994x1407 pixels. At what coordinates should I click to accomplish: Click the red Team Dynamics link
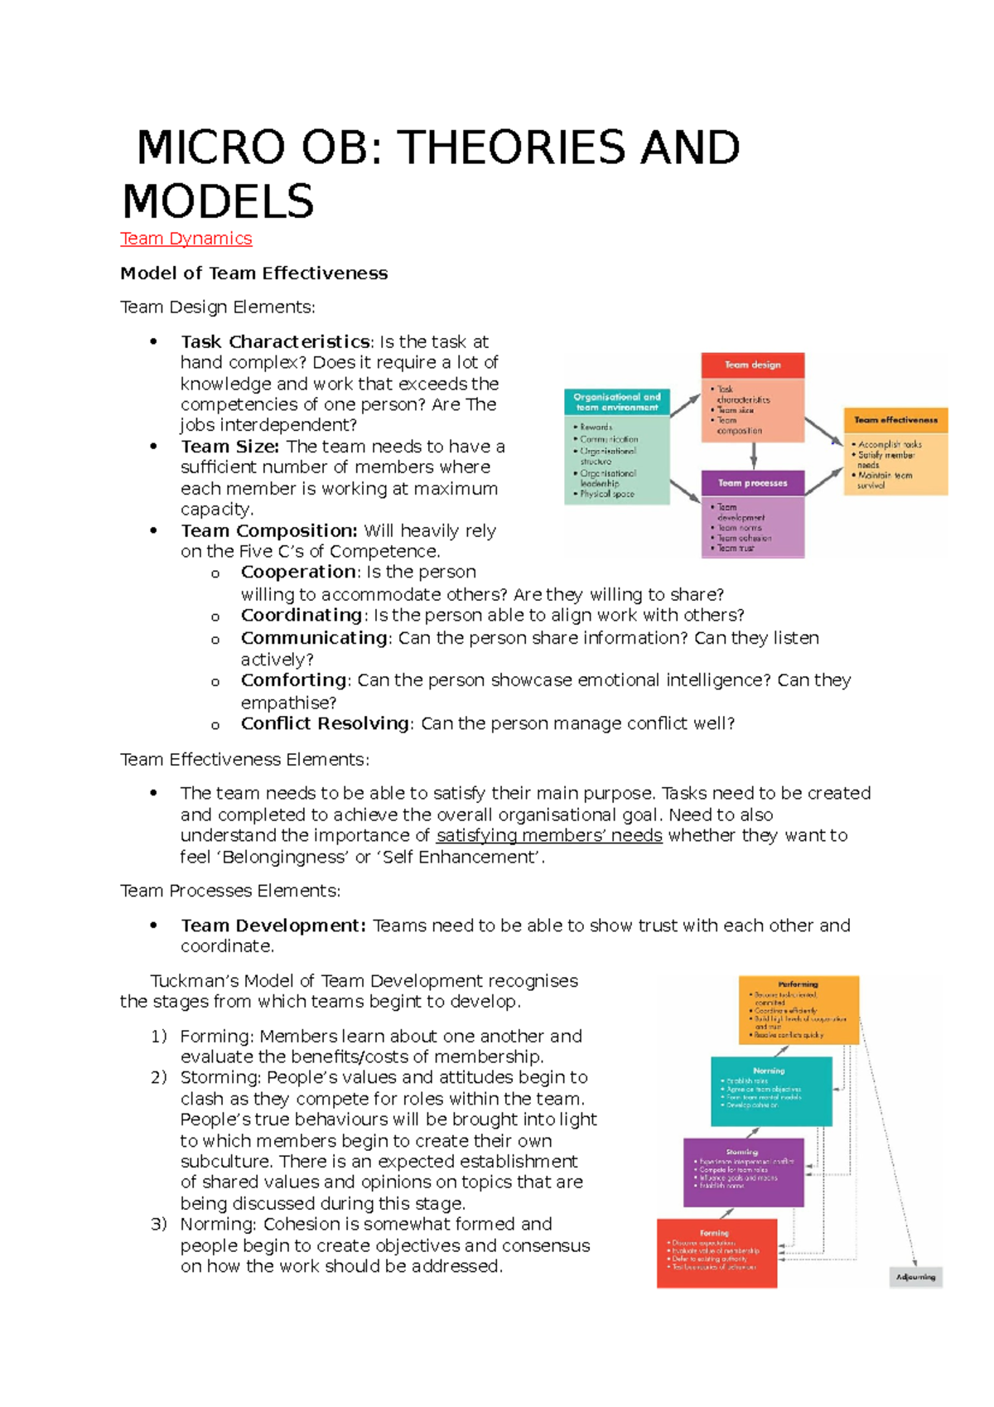186,239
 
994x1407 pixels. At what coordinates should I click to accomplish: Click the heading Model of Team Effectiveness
253,273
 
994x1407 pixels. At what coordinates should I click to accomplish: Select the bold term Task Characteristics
275,341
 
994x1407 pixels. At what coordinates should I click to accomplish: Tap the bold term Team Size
229,447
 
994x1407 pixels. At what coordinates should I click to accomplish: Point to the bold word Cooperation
298,572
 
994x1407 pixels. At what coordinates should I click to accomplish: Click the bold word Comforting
293,680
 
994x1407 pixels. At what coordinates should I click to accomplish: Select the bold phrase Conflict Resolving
325,723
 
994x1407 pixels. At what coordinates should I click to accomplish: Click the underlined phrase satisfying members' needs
548,835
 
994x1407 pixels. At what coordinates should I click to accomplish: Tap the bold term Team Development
273,926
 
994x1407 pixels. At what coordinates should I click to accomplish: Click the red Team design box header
752,365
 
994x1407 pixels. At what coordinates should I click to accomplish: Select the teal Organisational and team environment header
617,402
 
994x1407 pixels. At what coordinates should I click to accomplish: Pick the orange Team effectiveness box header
895,420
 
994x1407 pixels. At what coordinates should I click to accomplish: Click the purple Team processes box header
752,483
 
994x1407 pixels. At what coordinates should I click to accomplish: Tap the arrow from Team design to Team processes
753,456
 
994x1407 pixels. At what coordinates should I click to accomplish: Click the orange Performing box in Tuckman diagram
799,1009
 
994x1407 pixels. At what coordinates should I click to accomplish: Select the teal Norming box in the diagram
770,1090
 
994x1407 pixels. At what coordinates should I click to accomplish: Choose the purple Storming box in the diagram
743,1172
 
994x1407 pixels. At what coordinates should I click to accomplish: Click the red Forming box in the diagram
716,1252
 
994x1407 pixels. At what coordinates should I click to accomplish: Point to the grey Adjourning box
915,1277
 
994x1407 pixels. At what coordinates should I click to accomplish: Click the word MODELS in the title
219,201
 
